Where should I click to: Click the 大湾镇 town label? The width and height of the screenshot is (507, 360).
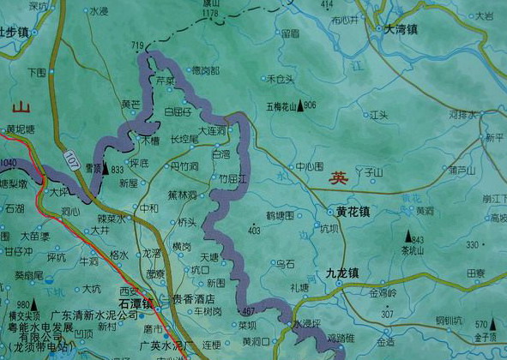tap(400, 29)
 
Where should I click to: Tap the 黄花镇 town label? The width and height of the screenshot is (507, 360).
tap(352, 211)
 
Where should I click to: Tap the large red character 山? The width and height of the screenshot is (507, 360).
tap(21, 107)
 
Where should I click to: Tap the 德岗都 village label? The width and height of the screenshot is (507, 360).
tap(204, 69)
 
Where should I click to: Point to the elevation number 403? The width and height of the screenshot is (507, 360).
tap(253, 231)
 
